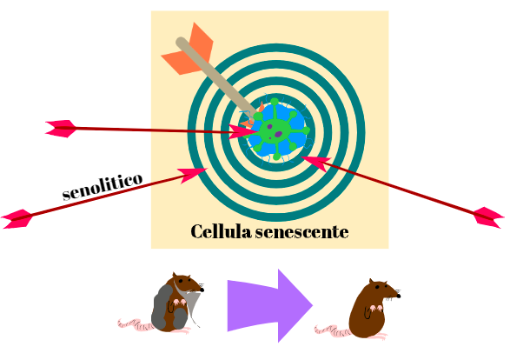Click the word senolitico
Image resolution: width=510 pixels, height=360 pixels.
click(x=103, y=186)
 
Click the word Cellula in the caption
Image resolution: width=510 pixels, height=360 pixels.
click(x=221, y=231)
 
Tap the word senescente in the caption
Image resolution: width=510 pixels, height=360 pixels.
click(x=301, y=232)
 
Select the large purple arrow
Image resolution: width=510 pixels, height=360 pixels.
click(x=270, y=305)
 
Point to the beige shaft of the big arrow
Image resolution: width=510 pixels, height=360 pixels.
click(x=216, y=78)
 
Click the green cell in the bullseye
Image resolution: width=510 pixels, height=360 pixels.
click(x=276, y=130)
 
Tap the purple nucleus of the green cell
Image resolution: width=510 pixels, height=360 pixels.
click(x=278, y=134)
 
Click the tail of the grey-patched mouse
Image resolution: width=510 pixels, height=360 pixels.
click(x=135, y=324)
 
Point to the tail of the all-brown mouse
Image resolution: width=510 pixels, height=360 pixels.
click(x=333, y=330)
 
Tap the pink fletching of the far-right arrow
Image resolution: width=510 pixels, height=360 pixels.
click(x=488, y=217)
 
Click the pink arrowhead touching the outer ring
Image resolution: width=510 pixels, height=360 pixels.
click(x=193, y=174)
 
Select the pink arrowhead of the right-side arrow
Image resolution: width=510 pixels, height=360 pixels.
click(x=316, y=163)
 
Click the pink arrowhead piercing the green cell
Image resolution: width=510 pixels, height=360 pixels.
click(x=242, y=132)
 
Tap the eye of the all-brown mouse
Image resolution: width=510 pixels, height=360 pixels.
click(x=377, y=287)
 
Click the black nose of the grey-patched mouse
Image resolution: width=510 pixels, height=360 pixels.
click(x=202, y=290)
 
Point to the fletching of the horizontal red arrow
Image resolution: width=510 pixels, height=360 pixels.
click(x=61, y=129)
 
